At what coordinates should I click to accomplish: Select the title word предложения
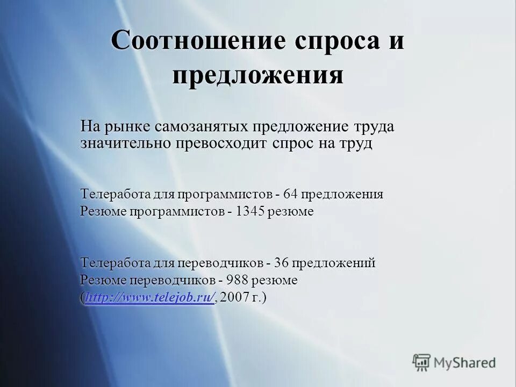tap(258, 75)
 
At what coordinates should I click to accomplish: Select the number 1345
tap(250, 211)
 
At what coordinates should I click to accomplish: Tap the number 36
tap(282, 263)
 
